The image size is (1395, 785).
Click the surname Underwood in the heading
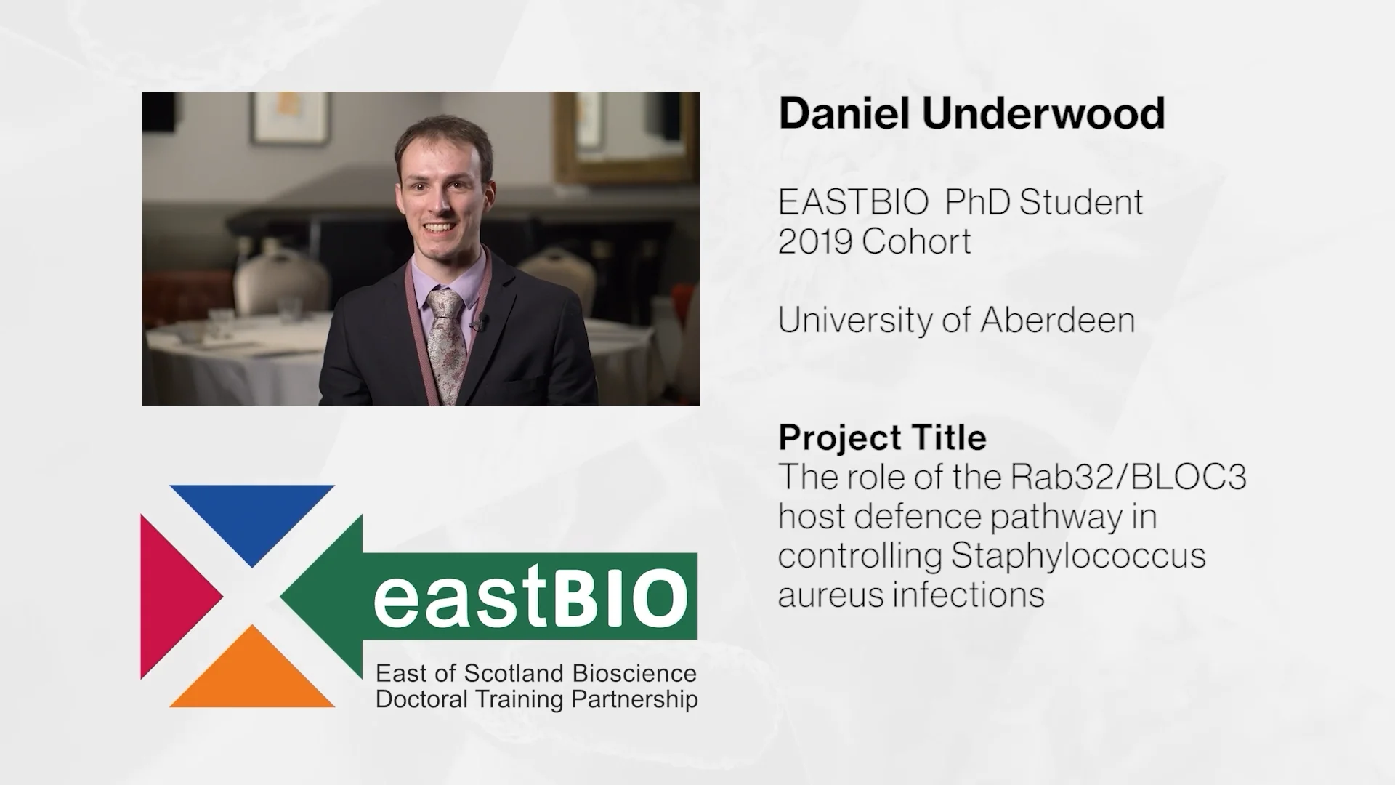tap(1043, 113)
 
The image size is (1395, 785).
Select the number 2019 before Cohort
tap(814, 241)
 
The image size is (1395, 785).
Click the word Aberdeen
tap(1057, 320)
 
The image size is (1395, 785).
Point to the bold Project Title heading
tap(882, 438)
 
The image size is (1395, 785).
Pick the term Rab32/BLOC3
tap(1128, 478)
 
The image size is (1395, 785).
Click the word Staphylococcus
tap(1078, 556)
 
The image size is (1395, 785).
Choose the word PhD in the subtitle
tap(977, 202)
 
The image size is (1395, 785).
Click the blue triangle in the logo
tap(251, 518)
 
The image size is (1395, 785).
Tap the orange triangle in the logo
tap(251, 672)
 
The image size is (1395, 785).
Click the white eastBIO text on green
tap(530, 599)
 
